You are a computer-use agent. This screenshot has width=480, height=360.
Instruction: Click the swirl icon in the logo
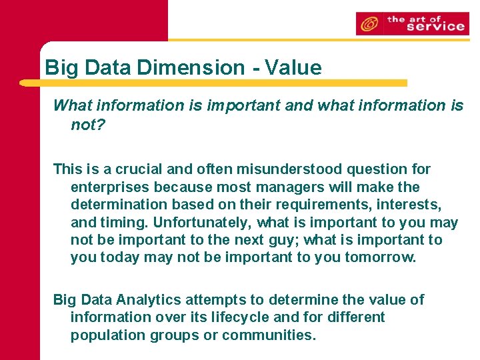click(369, 24)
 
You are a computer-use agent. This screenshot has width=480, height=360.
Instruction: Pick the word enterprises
click(109, 187)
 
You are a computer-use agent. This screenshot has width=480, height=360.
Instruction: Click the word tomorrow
click(380, 257)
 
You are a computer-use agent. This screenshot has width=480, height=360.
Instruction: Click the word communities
click(269, 335)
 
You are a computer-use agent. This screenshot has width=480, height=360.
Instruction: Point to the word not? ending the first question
click(88, 125)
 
